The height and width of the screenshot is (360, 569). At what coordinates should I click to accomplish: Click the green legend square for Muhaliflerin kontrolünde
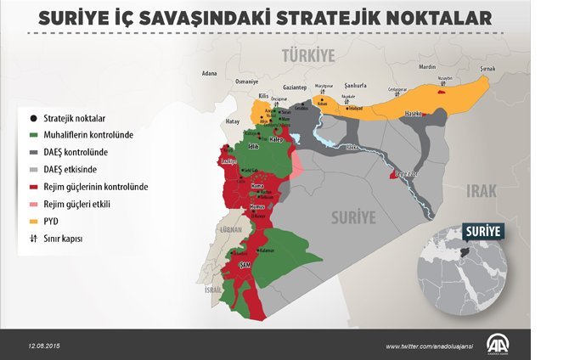(x=33, y=134)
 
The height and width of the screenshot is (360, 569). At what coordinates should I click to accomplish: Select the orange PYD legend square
(x=33, y=222)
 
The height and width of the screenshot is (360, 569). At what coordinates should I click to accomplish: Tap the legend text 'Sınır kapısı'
(x=64, y=239)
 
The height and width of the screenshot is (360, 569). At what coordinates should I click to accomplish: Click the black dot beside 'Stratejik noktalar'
(x=33, y=117)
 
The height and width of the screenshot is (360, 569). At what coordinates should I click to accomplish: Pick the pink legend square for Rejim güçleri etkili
(x=33, y=205)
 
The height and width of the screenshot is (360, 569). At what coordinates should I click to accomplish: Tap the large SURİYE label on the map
(x=352, y=217)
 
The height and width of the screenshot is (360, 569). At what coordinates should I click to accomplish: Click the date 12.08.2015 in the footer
(x=43, y=346)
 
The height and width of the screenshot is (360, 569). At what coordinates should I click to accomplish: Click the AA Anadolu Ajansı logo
(x=497, y=346)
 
